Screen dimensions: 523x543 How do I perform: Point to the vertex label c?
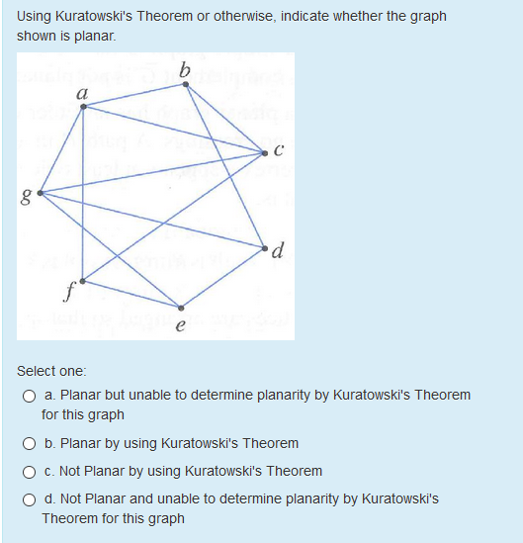click(x=280, y=150)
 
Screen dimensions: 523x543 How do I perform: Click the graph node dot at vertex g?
click(x=39, y=191)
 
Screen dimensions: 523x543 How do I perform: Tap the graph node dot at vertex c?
click(x=264, y=152)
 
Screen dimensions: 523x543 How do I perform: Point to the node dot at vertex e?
click(x=179, y=306)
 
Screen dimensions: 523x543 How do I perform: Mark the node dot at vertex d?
click(x=264, y=245)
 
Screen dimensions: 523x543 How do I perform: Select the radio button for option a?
click(x=31, y=396)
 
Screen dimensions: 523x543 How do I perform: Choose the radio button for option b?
click(x=31, y=443)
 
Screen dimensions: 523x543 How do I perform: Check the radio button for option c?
click(x=31, y=471)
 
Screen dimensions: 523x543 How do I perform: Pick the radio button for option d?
click(x=31, y=499)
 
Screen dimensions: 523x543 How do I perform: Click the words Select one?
click(x=51, y=371)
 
